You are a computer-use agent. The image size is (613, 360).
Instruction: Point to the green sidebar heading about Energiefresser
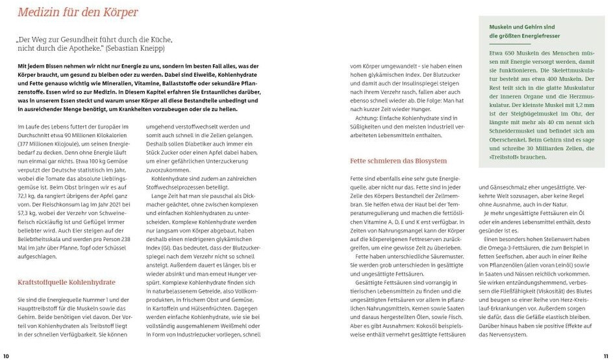click(x=525, y=31)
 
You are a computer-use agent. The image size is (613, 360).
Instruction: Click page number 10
click(x=6, y=355)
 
